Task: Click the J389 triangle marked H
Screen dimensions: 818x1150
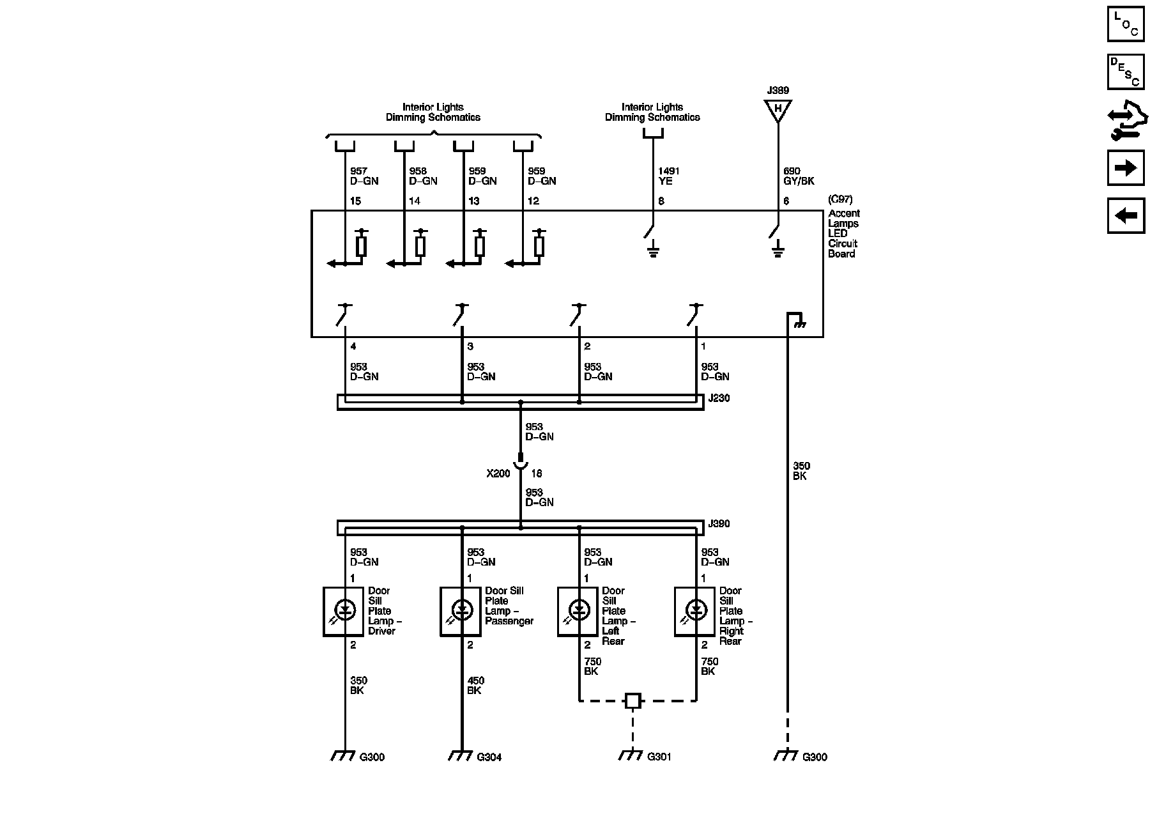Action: coord(778,109)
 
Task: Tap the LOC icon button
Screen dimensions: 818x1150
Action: coord(1126,24)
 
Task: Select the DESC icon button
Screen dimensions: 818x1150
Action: coord(1126,72)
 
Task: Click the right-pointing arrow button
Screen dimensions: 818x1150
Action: coord(1126,167)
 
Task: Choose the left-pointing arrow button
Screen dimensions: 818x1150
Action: coord(1126,215)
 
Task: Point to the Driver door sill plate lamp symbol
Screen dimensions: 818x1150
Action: coord(345,611)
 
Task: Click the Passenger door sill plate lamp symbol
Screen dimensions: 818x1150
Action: coord(462,611)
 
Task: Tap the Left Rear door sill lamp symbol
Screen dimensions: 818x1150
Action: coord(579,611)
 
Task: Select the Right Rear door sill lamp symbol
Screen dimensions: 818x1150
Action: coord(696,611)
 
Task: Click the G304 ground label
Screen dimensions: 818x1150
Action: coord(489,757)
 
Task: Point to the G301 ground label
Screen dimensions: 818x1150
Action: coord(659,757)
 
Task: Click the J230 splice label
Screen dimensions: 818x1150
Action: coord(719,398)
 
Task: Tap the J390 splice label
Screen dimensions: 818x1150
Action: coord(719,524)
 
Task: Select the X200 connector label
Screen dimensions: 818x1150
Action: coord(498,474)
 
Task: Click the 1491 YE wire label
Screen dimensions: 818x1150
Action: coord(669,176)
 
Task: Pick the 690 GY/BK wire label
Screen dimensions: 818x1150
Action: coord(799,176)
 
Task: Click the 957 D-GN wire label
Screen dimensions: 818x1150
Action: coord(364,176)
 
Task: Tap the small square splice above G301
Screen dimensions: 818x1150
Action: coord(632,700)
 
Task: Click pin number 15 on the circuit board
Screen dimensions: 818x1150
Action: coord(356,201)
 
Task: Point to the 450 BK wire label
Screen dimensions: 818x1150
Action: coord(475,686)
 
